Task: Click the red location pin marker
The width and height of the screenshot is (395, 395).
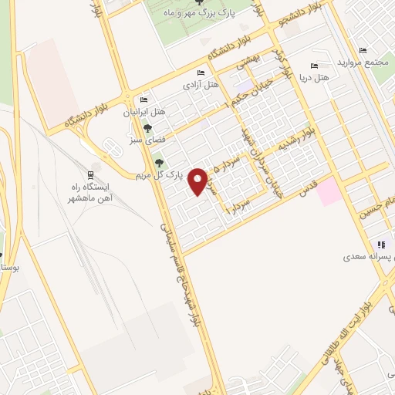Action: pos(199,181)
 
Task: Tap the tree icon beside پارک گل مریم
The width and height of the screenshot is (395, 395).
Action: pos(159,162)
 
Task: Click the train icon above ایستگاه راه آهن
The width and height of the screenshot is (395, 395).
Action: pos(90,175)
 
